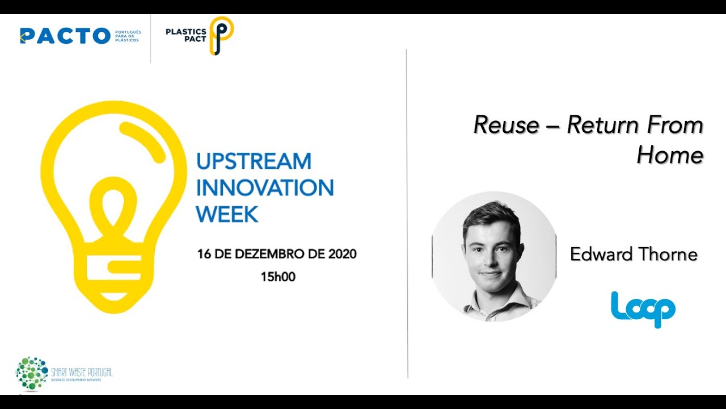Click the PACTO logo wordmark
(x=65, y=36)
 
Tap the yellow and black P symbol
(x=221, y=35)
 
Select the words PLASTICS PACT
(x=185, y=35)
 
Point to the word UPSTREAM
(x=254, y=161)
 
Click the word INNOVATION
(x=265, y=187)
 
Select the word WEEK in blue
(x=227, y=214)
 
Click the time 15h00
(x=278, y=277)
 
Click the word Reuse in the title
(x=506, y=125)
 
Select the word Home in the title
(x=670, y=155)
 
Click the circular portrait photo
(x=494, y=256)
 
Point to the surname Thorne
(x=668, y=254)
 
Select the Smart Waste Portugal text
(x=82, y=373)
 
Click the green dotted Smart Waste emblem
(x=32, y=373)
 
